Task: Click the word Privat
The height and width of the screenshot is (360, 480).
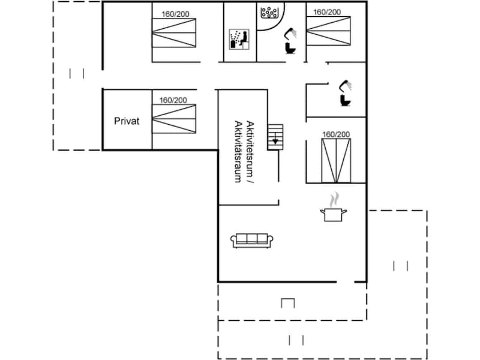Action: tap(127, 121)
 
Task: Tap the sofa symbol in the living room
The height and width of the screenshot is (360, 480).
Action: tap(252, 241)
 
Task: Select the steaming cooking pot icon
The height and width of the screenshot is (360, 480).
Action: tap(334, 207)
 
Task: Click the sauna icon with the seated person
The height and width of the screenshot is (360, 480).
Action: tap(239, 39)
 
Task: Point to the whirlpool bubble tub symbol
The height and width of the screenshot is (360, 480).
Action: tap(269, 13)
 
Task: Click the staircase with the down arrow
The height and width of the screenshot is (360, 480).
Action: tap(275, 137)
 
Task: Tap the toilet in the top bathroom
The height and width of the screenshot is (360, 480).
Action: tap(290, 48)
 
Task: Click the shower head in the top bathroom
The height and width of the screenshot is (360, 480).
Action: tap(291, 33)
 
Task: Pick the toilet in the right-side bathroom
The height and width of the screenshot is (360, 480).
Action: tap(346, 100)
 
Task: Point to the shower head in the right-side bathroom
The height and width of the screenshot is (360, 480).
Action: tap(346, 85)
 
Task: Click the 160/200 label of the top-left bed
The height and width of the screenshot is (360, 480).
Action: tap(175, 14)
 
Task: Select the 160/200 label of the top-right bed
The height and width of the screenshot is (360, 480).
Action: tap(327, 12)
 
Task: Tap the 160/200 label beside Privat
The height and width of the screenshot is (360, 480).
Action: tap(173, 100)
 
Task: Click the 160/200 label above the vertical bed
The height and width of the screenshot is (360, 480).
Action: tap(336, 134)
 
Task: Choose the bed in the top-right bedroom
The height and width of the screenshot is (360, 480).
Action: tap(328, 31)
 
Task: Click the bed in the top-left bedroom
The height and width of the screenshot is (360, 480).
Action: tap(174, 33)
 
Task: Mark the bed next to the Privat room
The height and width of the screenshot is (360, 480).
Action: tap(174, 119)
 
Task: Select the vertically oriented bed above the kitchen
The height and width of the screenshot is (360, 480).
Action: tap(336, 161)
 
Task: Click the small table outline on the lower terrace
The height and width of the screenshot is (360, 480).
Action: tap(288, 303)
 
